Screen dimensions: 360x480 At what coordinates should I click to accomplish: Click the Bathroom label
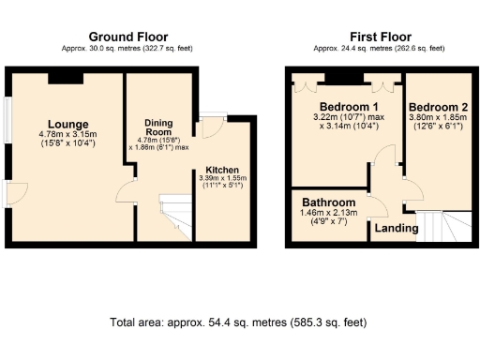point(328,202)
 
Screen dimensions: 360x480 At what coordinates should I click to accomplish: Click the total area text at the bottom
point(239,322)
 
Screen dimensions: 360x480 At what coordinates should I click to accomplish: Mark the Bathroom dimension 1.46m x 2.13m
point(328,214)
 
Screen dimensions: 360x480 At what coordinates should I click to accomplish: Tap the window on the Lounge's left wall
point(7,122)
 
